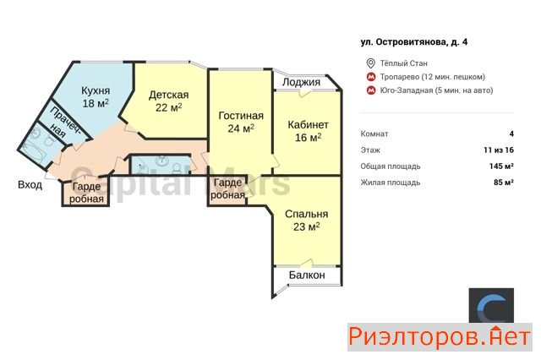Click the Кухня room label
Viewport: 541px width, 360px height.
tap(96, 90)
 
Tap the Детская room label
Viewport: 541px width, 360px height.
tap(169, 95)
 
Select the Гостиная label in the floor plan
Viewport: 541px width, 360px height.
tap(241, 116)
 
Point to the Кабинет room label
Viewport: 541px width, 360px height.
tap(308, 124)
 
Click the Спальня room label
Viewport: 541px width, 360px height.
tap(306, 214)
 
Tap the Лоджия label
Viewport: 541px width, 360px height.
tap(301, 82)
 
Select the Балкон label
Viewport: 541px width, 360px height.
tap(307, 275)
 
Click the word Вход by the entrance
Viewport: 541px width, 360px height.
tap(30, 185)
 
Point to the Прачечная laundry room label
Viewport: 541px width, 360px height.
tap(64, 123)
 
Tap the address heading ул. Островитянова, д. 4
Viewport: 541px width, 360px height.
tap(414, 42)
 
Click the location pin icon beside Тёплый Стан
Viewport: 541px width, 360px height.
tap(370, 63)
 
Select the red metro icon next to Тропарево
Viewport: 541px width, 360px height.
tap(371, 77)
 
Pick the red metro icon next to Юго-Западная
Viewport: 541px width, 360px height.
tap(371, 90)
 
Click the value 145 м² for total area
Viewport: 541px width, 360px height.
tap(501, 166)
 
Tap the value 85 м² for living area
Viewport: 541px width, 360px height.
tap(504, 182)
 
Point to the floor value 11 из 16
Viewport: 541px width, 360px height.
tap(499, 150)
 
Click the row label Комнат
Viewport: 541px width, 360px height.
tap(374, 134)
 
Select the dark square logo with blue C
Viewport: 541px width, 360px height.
tap(491, 306)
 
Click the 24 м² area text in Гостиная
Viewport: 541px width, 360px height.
tap(241, 128)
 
